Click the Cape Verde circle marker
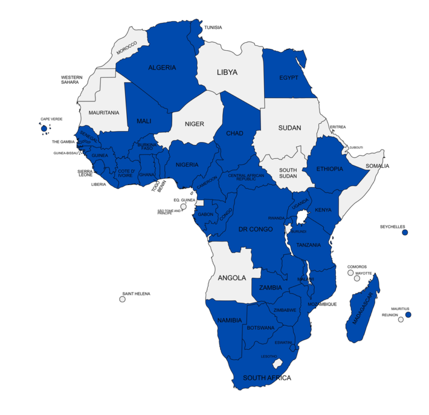44,129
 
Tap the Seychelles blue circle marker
405,232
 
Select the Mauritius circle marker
408,315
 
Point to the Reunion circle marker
401,320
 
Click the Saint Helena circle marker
122,300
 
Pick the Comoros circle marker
350,273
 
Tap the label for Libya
227,73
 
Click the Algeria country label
162,67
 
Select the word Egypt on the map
289,78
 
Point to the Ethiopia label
330,168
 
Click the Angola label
232,277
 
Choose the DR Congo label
255,229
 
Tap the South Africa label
266,378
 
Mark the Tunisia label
213,27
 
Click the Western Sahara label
71,80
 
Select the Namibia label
229,320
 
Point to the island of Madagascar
363,310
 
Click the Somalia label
377,166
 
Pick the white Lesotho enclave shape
275,364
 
